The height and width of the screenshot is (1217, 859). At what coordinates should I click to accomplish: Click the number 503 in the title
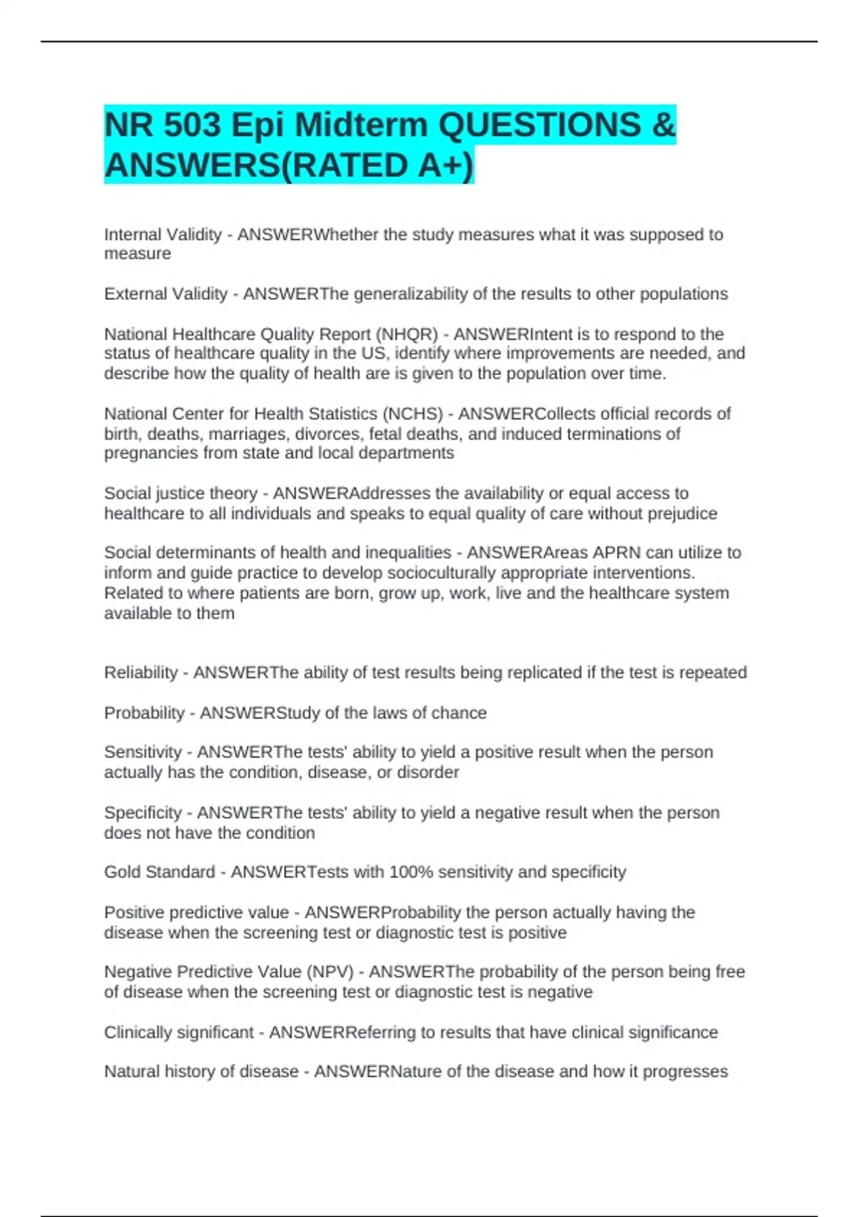(192, 125)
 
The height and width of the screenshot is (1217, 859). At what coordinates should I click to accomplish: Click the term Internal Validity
(162, 235)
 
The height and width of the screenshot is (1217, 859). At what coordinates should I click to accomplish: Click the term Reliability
(140, 673)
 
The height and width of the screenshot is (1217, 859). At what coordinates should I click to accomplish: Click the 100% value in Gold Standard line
(410, 872)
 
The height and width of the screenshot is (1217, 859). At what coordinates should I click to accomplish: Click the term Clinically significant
(178, 1032)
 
